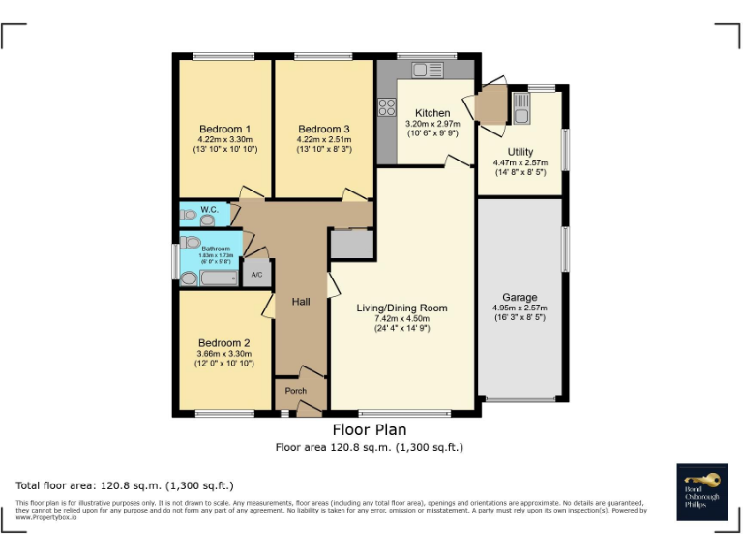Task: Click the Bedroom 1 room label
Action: click(x=225, y=130)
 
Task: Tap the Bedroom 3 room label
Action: click(x=324, y=130)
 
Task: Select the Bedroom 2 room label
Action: click(x=224, y=343)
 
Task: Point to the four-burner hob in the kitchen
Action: click(x=387, y=107)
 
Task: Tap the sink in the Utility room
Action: click(x=521, y=107)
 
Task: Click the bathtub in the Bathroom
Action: click(x=209, y=278)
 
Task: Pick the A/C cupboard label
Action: click(x=256, y=275)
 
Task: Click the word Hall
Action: click(x=301, y=303)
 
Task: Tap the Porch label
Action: click(x=296, y=391)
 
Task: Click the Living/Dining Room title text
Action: click(x=401, y=308)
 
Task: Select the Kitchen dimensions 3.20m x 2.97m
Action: click(x=432, y=124)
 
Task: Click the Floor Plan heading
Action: click(x=370, y=429)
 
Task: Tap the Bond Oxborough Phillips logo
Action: click(x=701, y=491)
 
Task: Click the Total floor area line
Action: click(x=125, y=485)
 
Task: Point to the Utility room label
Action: click(x=520, y=152)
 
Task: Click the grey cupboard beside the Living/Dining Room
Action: click(x=352, y=245)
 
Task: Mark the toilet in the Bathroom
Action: click(x=191, y=243)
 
